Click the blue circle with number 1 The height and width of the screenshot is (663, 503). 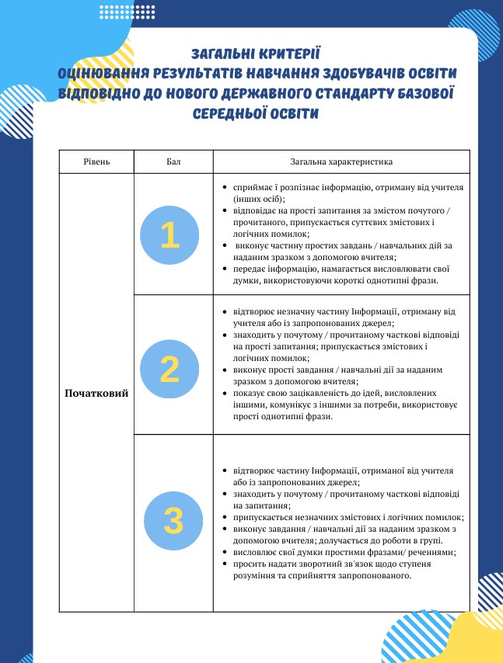tap(169, 235)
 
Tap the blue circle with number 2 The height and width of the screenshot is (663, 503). tap(169, 369)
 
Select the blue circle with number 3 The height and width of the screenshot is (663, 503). tap(173, 520)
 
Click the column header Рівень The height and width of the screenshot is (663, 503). tap(96, 161)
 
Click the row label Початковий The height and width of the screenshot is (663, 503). tap(96, 393)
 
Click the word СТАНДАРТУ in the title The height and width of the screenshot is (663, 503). tap(357, 94)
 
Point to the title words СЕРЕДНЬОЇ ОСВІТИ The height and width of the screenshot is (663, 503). tap(255, 114)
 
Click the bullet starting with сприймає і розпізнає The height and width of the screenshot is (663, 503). tap(342, 193)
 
